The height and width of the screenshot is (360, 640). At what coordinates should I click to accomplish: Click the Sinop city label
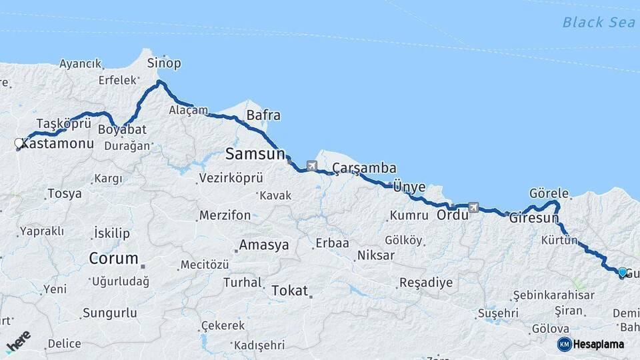pyautogui.click(x=164, y=63)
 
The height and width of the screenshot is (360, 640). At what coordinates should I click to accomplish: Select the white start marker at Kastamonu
pyautogui.click(x=19, y=143)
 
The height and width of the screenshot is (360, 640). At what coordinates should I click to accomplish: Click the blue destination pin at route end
pyautogui.click(x=622, y=273)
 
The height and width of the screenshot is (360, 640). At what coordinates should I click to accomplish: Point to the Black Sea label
pyautogui.click(x=598, y=22)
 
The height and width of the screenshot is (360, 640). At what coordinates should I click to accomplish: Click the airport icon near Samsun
pyautogui.click(x=312, y=165)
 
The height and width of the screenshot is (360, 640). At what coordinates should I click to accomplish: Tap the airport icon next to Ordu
pyautogui.click(x=473, y=207)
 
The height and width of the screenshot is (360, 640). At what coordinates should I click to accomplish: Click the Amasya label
pyautogui.click(x=264, y=245)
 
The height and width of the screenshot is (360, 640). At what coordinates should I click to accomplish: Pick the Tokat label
pyautogui.click(x=290, y=291)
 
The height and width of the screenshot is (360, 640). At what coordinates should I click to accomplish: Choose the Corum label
pyautogui.click(x=114, y=258)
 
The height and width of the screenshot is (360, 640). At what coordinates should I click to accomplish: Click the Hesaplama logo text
pyautogui.click(x=598, y=344)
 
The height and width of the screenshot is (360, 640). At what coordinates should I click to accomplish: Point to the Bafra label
pyautogui.click(x=263, y=115)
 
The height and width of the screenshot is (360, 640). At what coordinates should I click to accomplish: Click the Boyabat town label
pyautogui.click(x=121, y=129)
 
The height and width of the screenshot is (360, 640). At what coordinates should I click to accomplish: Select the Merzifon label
pyautogui.click(x=225, y=215)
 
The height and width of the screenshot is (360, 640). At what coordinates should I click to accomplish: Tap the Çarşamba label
pyautogui.click(x=365, y=169)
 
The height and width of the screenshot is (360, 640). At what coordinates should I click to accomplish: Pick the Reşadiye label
pyautogui.click(x=425, y=283)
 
